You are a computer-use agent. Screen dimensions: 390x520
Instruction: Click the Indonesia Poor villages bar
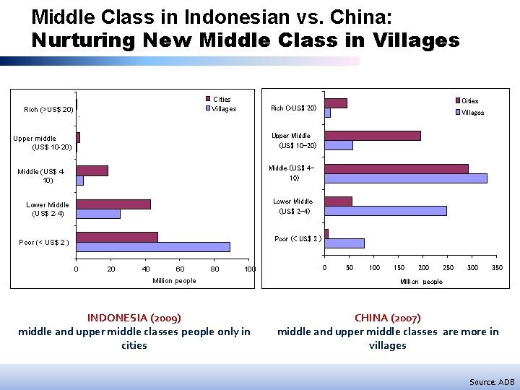153,247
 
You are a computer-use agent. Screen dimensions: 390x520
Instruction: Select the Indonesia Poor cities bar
117,237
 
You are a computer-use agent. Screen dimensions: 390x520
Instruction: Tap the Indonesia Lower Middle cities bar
113,204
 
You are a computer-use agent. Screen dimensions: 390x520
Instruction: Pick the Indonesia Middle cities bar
92,170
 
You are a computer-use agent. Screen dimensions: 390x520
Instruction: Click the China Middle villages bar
406,178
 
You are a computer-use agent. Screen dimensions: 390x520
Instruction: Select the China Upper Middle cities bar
373,136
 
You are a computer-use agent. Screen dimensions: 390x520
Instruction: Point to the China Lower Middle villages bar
386,211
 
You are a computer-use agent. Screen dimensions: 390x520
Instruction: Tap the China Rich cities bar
336,103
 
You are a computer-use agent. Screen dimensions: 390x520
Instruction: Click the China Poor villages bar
344,243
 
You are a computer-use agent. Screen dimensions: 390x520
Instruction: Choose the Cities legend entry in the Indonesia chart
221,100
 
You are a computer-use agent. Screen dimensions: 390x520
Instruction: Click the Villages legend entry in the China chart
472,113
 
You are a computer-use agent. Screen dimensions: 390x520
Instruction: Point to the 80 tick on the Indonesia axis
214,269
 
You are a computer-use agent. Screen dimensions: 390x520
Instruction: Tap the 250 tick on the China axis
448,268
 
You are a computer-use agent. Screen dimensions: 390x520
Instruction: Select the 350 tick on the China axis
497,268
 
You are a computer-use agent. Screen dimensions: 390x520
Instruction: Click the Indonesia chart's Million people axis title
174,281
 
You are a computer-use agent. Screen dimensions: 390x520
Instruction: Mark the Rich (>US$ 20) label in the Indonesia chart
48,110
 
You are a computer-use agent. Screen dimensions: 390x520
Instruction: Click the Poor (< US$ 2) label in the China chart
298,239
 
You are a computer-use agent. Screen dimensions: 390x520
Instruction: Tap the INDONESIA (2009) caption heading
134,318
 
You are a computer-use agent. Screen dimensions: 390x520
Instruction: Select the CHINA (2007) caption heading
388,318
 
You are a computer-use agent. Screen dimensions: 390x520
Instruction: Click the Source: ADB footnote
492,381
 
